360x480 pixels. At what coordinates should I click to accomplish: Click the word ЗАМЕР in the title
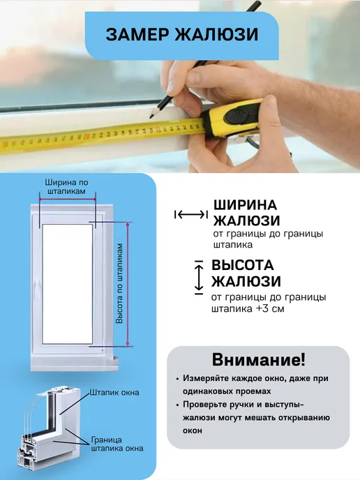point(137,34)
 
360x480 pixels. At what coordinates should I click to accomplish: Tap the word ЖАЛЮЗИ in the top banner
point(217,34)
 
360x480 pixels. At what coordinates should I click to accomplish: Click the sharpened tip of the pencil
point(151,117)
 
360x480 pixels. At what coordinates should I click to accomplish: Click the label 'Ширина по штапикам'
point(67,187)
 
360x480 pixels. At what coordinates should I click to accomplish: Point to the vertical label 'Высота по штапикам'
point(119,283)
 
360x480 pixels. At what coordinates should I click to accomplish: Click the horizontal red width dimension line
point(68,200)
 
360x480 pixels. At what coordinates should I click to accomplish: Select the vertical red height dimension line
point(128,284)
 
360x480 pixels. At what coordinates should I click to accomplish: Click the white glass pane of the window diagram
point(68,284)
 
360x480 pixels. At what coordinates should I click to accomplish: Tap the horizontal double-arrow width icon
point(191,215)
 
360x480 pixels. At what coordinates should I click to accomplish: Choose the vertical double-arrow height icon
point(199,278)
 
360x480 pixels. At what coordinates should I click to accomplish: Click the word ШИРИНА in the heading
point(245,205)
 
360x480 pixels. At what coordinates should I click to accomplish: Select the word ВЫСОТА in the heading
point(243,265)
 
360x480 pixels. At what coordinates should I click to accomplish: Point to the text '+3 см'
point(270,308)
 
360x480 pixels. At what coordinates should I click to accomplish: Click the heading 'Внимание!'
point(258,360)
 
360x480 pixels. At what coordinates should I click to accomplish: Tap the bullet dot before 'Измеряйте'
point(177,379)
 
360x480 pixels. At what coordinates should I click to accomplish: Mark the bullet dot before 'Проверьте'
point(177,405)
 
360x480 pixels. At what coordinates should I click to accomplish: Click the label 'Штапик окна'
point(114,393)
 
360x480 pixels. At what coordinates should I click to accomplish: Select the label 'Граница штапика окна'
point(117,444)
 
